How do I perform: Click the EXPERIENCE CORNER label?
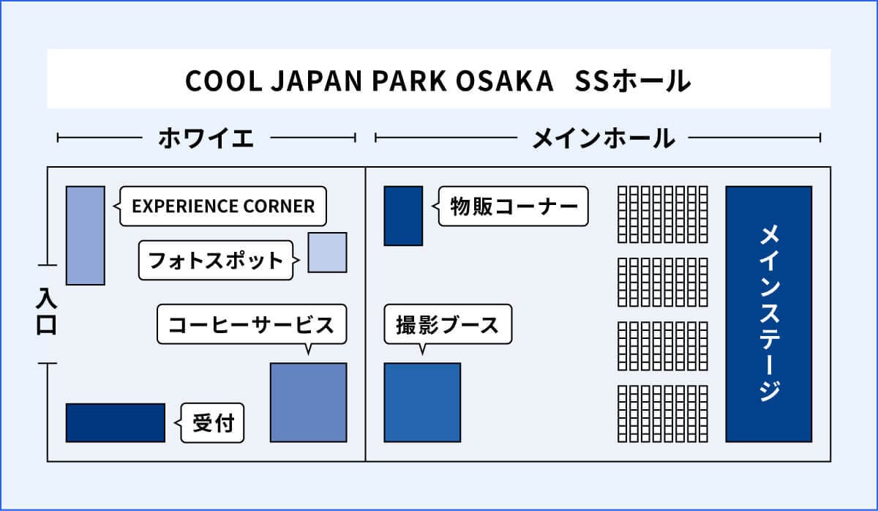(x=223, y=206)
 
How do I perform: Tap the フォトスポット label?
(x=216, y=261)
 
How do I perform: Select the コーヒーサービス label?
(x=251, y=325)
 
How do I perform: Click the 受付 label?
(x=213, y=422)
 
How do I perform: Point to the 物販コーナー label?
(x=514, y=206)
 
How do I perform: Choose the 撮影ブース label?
(x=447, y=325)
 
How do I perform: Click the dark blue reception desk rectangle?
(x=116, y=422)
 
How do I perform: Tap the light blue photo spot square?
(x=327, y=253)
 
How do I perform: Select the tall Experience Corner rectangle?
(x=86, y=236)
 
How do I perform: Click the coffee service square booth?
(x=309, y=403)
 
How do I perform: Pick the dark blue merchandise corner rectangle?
(x=403, y=216)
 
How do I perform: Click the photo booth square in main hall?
(x=423, y=403)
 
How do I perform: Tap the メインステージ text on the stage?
(x=769, y=314)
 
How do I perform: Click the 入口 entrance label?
(x=47, y=311)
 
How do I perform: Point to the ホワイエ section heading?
(x=206, y=138)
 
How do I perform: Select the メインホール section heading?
(x=603, y=138)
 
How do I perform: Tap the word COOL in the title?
(x=223, y=81)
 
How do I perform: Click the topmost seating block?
(x=663, y=215)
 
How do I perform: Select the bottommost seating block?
(x=663, y=414)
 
